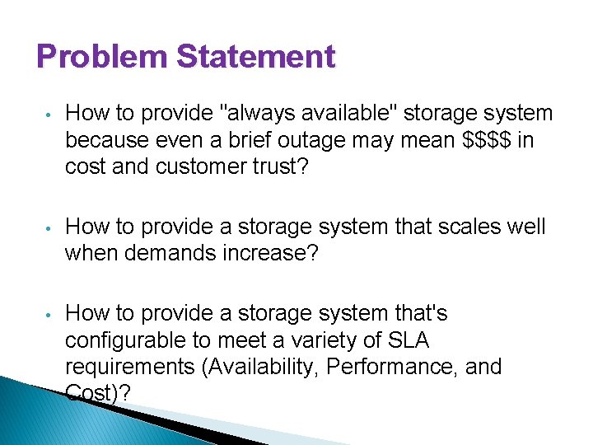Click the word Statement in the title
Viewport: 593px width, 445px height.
(256, 58)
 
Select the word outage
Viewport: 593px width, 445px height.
(314, 141)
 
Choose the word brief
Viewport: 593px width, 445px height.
(225, 141)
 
